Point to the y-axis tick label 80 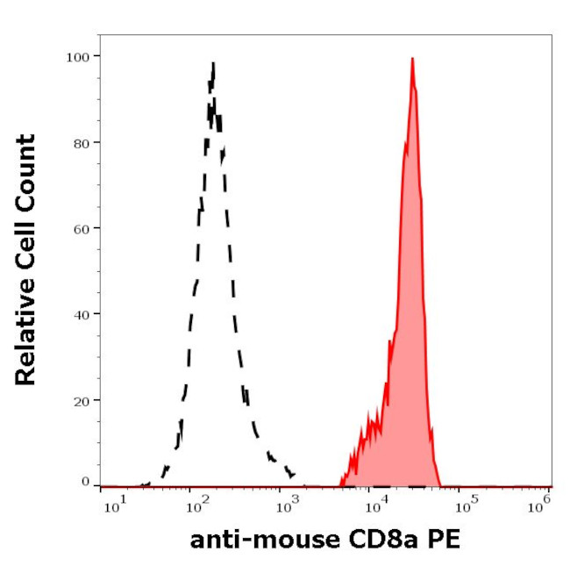pos(81,142)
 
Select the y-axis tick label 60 pos(81,228)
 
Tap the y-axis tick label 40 pos(81,313)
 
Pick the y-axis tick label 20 pos(81,400)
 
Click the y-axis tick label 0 pos(85,483)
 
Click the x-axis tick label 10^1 pos(111,503)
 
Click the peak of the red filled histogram pos(411,59)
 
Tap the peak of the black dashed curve pos(213,64)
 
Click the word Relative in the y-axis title pos(26,339)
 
